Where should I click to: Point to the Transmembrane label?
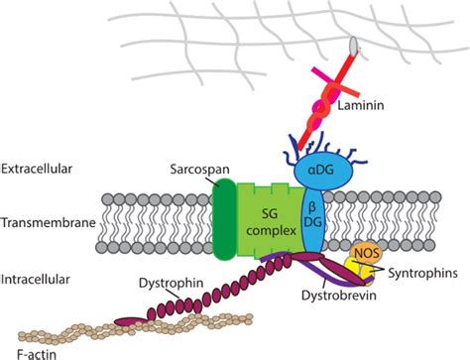pos(47,223)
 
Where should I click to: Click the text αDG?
pos(318,173)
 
